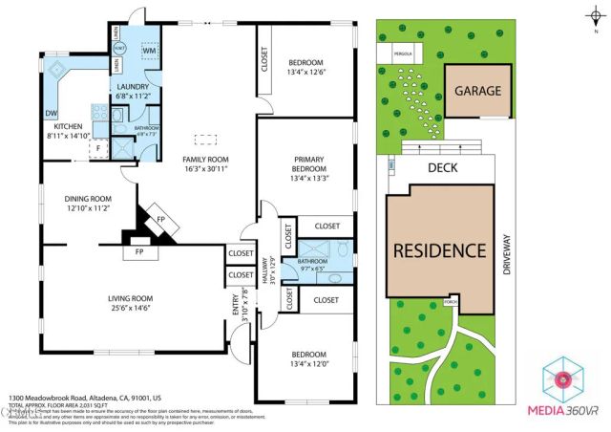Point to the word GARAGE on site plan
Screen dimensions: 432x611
pyautogui.click(x=477, y=92)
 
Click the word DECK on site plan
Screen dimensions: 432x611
pyautogui.click(x=442, y=166)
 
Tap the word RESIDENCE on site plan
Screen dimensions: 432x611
pyautogui.click(x=440, y=250)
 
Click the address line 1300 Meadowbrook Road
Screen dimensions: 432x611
pyautogui.click(x=84, y=397)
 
